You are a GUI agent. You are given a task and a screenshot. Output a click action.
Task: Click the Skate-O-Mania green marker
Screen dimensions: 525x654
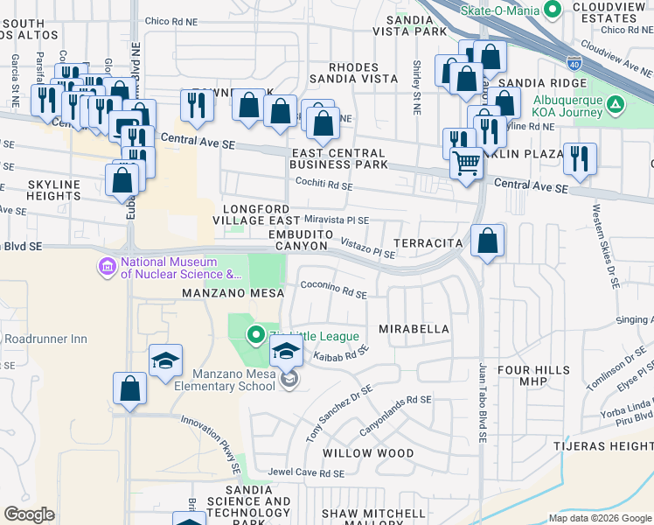pos(552,10)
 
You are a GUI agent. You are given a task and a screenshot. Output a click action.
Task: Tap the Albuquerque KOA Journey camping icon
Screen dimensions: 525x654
pos(616,106)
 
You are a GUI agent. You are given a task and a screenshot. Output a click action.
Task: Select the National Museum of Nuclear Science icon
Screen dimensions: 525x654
pos(108,265)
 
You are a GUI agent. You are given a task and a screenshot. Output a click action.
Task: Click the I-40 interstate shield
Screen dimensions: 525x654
pos(574,63)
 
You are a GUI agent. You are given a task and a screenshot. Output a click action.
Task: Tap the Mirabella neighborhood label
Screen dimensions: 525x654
pos(414,329)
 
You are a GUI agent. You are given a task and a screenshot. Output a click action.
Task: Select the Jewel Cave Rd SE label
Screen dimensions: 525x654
pos(306,473)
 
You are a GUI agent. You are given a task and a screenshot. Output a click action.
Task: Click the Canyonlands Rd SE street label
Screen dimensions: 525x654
pos(396,414)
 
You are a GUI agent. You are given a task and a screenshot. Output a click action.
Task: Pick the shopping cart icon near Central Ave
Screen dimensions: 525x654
pos(467,163)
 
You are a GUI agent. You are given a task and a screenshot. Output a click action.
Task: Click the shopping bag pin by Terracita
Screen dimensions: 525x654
pos(488,239)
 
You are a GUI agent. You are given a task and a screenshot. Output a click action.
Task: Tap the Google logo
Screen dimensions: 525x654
pos(29,514)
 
